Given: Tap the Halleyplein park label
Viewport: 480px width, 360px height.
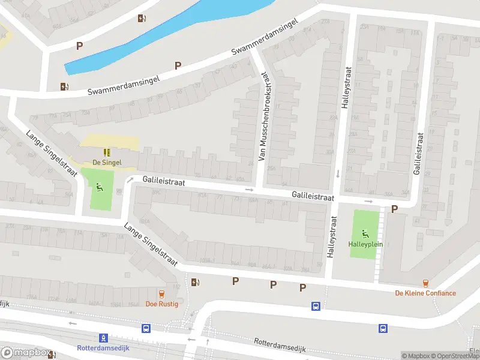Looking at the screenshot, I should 365,244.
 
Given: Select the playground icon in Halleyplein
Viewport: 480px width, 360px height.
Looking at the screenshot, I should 365,233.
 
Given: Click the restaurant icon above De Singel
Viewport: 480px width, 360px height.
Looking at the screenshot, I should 107,152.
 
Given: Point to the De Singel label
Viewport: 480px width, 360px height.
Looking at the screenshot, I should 107,163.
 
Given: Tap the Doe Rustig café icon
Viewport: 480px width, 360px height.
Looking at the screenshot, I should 161,294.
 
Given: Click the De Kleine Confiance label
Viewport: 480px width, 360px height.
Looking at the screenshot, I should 425,293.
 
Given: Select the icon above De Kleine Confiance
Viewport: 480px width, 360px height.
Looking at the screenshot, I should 425,283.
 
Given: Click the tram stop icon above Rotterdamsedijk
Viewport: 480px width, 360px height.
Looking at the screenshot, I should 103,338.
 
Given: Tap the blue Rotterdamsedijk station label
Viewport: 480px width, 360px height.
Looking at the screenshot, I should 103,348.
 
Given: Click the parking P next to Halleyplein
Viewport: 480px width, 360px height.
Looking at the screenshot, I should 394,209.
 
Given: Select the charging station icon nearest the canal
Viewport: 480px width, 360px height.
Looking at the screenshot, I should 141,18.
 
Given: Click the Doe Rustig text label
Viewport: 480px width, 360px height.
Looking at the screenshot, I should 161,304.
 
